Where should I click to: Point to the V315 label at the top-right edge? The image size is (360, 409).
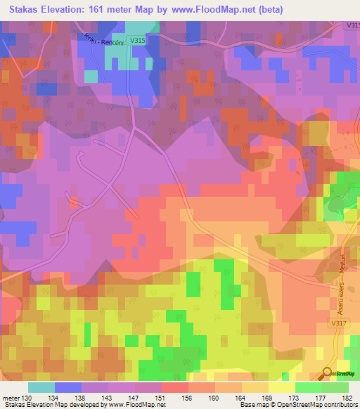click(x=352, y=25)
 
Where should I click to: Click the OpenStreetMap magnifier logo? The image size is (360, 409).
click(x=328, y=373)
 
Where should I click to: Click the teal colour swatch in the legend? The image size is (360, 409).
click(x=41, y=387)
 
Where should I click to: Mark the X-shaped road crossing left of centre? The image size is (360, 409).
click(x=111, y=184)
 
